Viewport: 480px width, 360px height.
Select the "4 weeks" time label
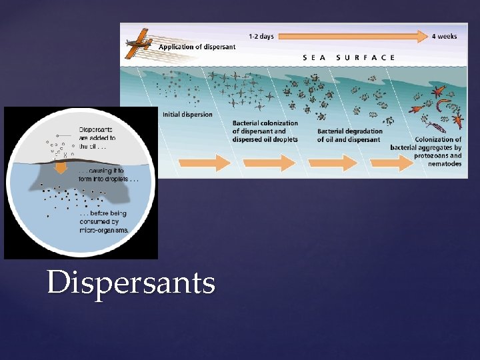click(x=444, y=37)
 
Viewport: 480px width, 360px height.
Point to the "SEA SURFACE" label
click(x=349, y=57)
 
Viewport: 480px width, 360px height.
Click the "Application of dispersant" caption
click(x=197, y=47)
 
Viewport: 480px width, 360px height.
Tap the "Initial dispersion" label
click(x=187, y=115)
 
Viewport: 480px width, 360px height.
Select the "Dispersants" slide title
click(x=131, y=283)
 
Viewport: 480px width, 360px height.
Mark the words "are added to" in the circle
click(x=97, y=138)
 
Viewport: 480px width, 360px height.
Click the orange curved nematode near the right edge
click(x=441, y=105)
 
